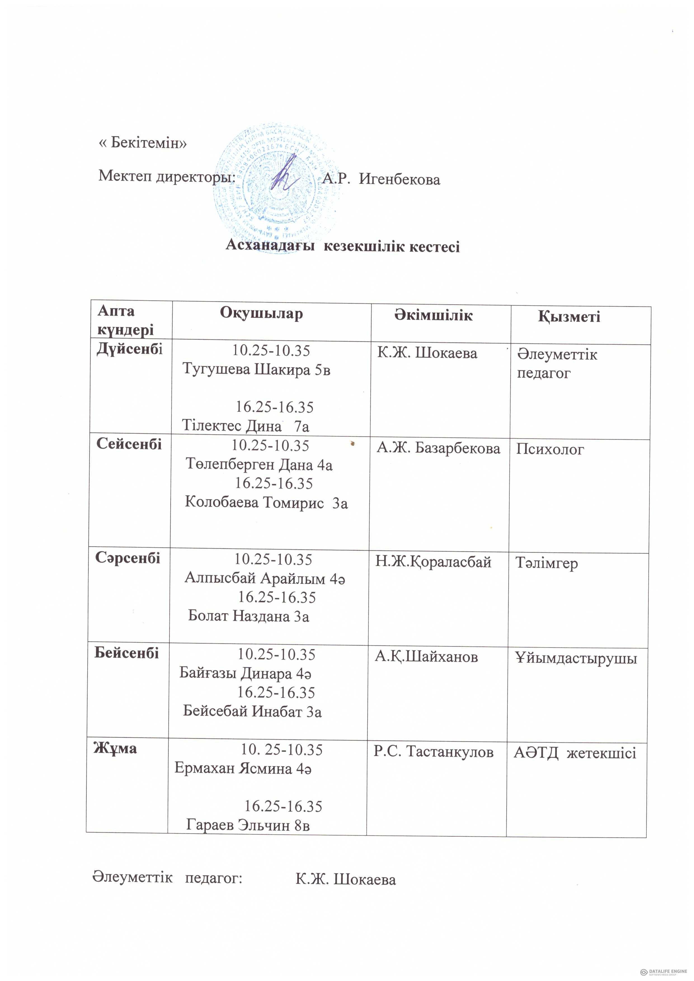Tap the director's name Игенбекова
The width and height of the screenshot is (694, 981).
tap(399, 180)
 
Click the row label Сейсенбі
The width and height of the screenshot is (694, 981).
tap(129, 444)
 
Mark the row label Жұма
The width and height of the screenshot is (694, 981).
tap(115, 748)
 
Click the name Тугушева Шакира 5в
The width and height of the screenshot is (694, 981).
tap(257, 369)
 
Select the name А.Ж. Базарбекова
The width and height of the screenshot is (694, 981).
tap(438, 448)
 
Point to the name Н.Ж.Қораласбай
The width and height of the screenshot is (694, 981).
tap(433, 562)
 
